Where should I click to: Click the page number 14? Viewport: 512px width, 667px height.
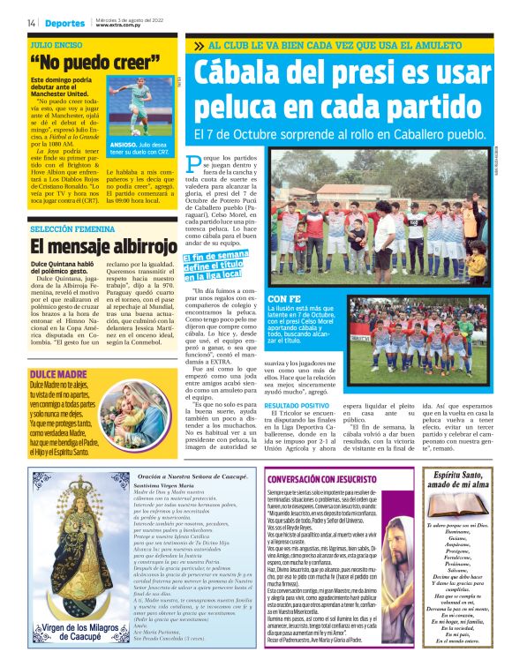pos(31,22)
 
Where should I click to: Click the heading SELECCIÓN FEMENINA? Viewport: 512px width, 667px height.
pos(72,229)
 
